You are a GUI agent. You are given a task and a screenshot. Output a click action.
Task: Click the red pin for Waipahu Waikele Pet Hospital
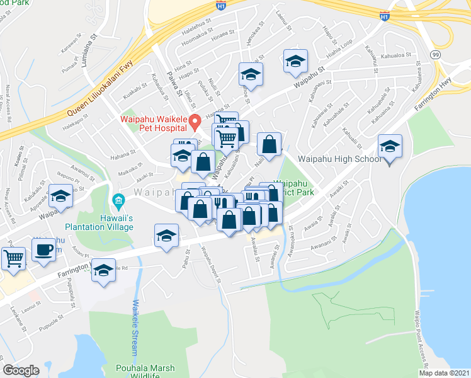[195, 120]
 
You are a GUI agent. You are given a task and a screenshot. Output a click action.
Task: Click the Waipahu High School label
[332, 159]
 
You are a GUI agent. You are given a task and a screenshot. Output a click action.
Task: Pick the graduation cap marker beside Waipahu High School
[390, 148]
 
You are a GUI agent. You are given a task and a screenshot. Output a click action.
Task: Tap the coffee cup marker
[44, 250]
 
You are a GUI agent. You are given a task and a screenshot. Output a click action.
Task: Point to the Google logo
[21, 370]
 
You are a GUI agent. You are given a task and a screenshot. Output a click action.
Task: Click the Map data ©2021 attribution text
[443, 373]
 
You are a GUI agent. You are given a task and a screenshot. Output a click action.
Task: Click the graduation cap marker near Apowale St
[60, 197]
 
